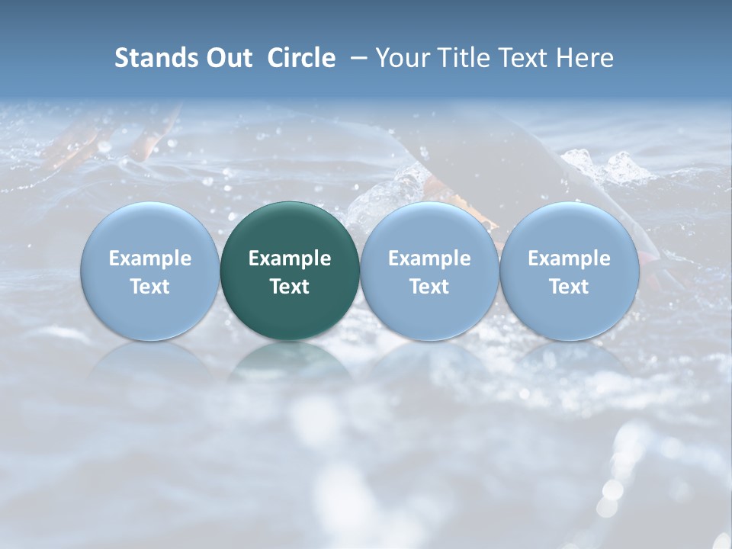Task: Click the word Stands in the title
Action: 152,58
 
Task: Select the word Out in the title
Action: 226,58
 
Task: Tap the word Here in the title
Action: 584,58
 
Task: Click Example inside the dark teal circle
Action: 290,258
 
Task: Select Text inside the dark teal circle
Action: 290,287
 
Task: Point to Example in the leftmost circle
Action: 150,258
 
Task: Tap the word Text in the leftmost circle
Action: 150,287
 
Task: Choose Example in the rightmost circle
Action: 569,258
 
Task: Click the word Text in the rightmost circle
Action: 569,287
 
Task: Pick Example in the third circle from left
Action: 429,258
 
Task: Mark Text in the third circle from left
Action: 429,287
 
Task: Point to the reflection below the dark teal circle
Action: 290,362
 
